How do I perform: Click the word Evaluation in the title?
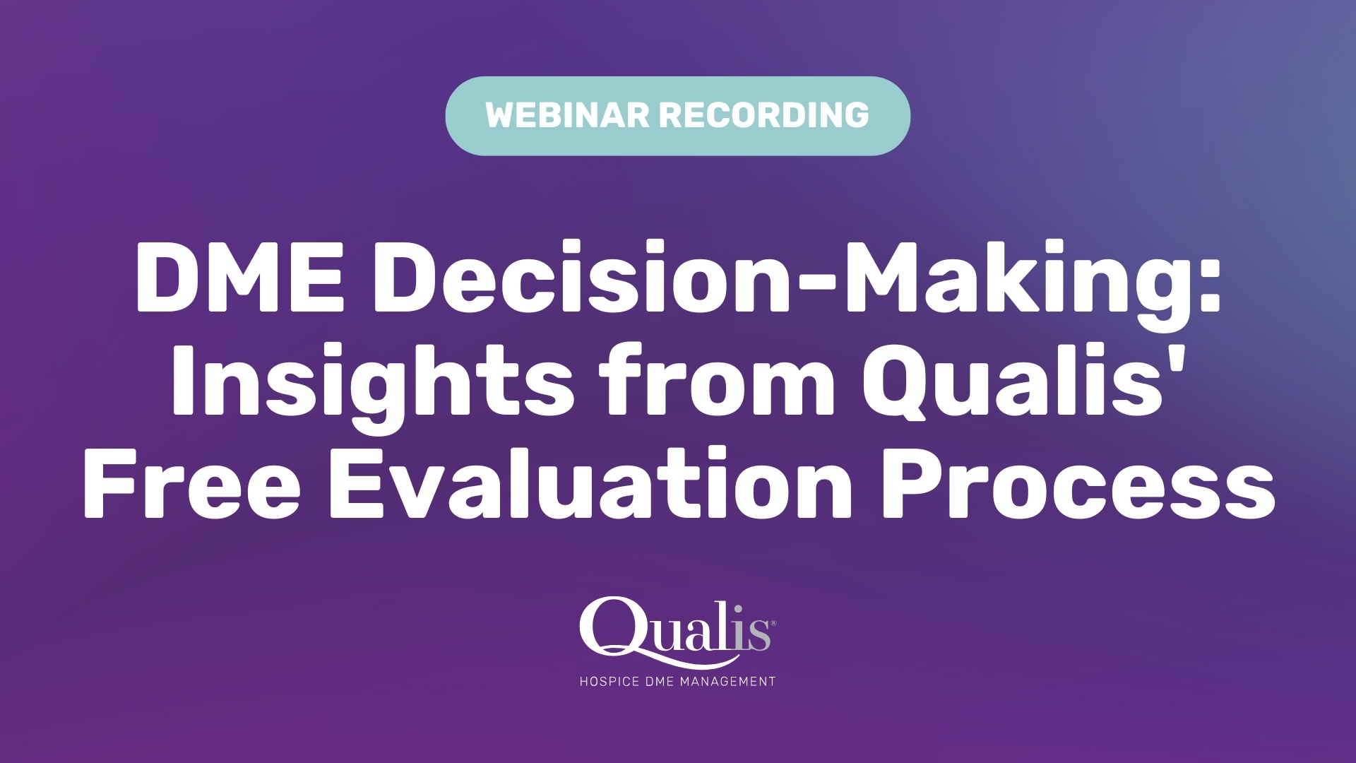click(590, 484)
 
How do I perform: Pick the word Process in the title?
click(1076, 484)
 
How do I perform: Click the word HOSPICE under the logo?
click(609, 682)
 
